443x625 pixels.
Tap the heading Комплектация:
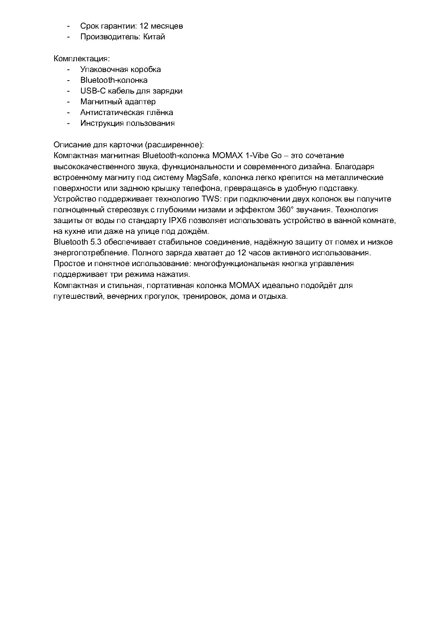click(x=82, y=59)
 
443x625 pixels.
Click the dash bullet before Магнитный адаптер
click(x=68, y=102)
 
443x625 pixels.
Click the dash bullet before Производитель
click(x=68, y=37)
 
